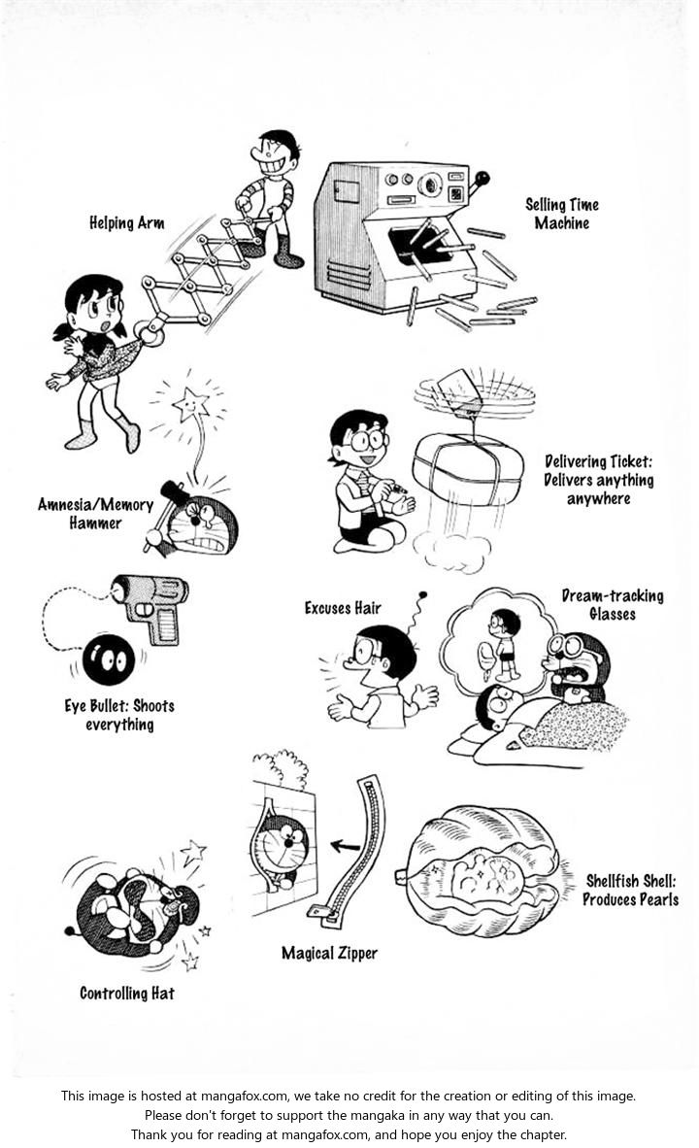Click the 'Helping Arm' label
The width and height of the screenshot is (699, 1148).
point(126,223)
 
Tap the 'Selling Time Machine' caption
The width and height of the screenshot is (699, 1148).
point(562,214)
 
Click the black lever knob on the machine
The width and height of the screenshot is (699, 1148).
point(483,178)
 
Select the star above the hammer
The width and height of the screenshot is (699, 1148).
point(190,401)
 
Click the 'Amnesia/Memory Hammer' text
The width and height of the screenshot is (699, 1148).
point(95,514)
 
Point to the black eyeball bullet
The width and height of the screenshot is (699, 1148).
point(108,661)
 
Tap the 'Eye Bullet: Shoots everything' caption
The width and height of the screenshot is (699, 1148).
point(119,715)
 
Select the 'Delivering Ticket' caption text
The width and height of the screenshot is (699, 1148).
point(599,480)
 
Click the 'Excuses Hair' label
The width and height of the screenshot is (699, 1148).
point(343,608)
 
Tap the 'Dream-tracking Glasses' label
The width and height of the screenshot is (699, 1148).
point(612,604)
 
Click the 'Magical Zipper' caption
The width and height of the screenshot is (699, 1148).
point(329,953)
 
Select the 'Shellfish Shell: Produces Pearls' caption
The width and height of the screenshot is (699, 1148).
point(630,890)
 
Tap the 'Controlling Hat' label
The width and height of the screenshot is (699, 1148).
point(127,994)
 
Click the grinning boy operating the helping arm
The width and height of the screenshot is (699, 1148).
point(271,194)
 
